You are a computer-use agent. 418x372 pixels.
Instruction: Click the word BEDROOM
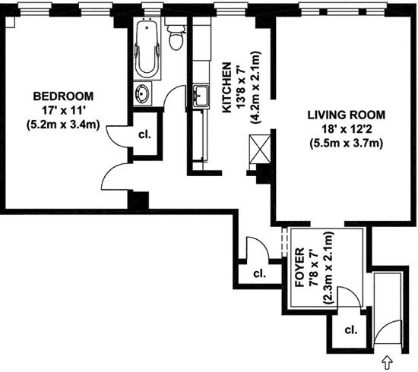(x=63, y=96)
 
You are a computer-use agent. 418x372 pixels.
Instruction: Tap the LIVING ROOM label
(x=347, y=115)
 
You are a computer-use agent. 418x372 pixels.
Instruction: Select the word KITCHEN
(x=227, y=87)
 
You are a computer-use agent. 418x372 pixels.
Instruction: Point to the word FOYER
(x=300, y=267)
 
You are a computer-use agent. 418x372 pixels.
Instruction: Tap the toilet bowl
(x=176, y=39)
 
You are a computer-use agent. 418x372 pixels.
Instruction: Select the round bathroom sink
(x=142, y=93)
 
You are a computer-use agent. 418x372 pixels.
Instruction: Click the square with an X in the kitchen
(x=260, y=149)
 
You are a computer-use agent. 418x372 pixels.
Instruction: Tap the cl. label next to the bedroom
(x=144, y=134)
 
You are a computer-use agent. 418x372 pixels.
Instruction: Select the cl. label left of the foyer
(x=259, y=273)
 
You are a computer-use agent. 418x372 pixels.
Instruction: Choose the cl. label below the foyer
(x=351, y=330)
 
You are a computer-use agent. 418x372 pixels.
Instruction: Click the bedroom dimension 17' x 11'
(x=63, y=110)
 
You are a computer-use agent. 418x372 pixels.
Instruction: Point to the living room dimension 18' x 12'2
(x=347, y=129)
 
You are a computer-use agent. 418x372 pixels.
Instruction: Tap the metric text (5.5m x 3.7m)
(x=347, y=143)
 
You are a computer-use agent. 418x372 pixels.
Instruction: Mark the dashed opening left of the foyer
(x=284, y=241)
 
